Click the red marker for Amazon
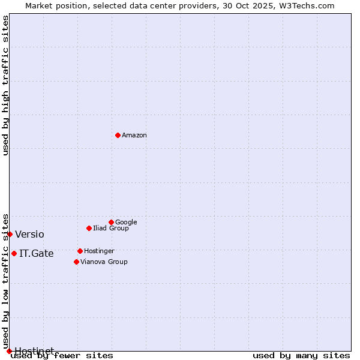[118, 135]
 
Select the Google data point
[111, 222]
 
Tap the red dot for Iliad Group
[89, 228]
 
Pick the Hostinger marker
[80, 251]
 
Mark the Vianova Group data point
[76, 262]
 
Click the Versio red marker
[10, 234]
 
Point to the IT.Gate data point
[14, 253]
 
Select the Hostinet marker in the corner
[9, 351]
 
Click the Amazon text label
[134, 135]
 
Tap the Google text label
[126, 222]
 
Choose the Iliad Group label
[111, 228]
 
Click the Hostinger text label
[99, 251]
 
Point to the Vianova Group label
[104, 262]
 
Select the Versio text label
[29, 234]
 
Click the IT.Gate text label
[37, 253]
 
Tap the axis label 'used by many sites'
[301, 356]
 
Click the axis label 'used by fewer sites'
[62, 356]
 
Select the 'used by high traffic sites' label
[5, 85]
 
